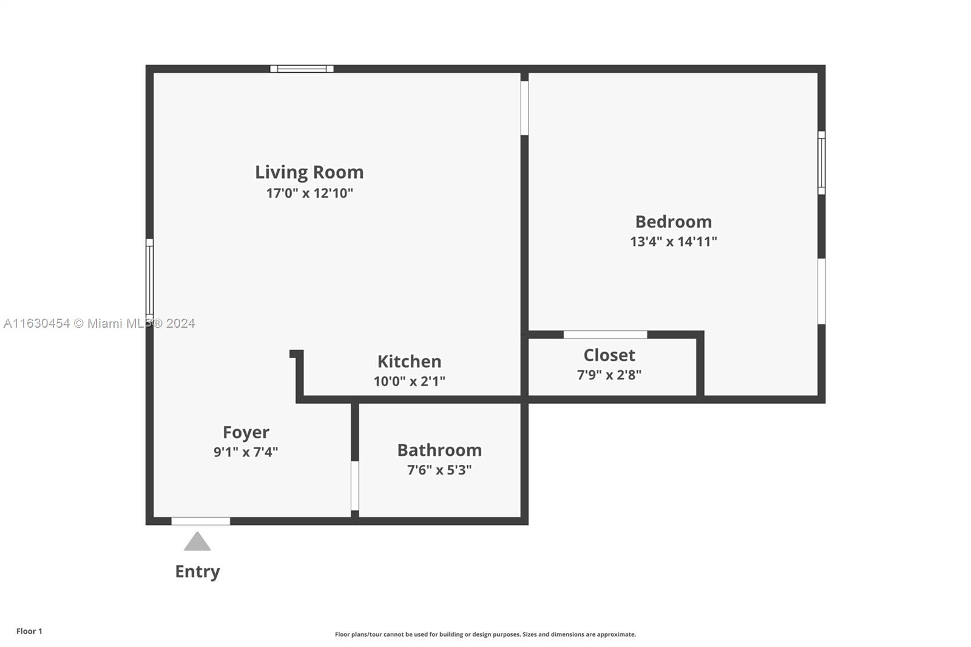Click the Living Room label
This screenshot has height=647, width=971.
[309, 172]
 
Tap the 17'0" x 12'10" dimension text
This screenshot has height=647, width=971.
[310, 193]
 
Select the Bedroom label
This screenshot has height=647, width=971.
[673, 222]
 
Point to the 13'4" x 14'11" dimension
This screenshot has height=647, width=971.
[673, 242]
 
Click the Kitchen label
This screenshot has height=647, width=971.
[409, 361]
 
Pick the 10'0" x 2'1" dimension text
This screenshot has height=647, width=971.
[409, 381]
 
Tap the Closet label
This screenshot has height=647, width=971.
[609, 355]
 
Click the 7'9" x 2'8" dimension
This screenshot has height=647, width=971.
[609, 374]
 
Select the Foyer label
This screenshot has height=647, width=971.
[246, 432]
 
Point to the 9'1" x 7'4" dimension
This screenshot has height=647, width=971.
[246, 452]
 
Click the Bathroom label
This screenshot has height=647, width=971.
[439, 450]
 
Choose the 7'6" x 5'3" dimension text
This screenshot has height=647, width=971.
[439, 470]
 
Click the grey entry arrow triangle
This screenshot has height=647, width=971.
[197, 542]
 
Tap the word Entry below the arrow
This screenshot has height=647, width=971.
[197, 572]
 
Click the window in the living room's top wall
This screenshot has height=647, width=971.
[302, 69]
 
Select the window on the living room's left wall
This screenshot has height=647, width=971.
[149, 277]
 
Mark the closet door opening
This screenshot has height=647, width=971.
[605, 334]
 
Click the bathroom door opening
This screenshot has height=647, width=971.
[354, 486]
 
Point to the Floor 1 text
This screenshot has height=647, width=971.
[30, 631]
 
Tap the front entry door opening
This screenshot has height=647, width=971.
[201, 521]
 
